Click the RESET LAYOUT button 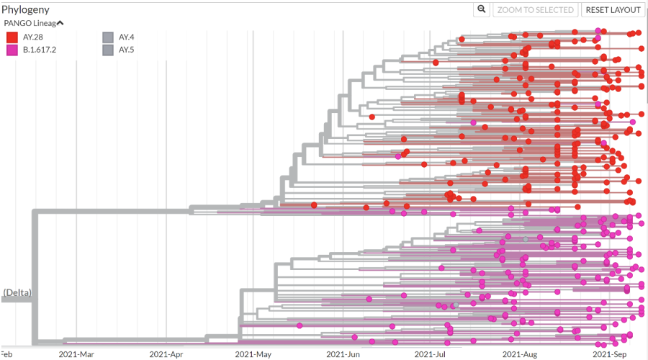point(613,9)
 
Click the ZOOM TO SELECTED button point(536,9)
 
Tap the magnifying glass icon point(482,9)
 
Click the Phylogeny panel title point(26,9)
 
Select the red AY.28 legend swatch point(12,37)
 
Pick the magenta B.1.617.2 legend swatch point(12,50)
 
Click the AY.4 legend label point(127,37)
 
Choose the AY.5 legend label point(127,50)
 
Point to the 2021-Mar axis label point(76,354)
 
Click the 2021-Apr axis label point(166,354)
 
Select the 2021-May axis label point(253,354)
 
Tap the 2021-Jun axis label point(343,354)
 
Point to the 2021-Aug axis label point(519,354)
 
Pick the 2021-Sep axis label point(609,354)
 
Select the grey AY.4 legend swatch point(108,37)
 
